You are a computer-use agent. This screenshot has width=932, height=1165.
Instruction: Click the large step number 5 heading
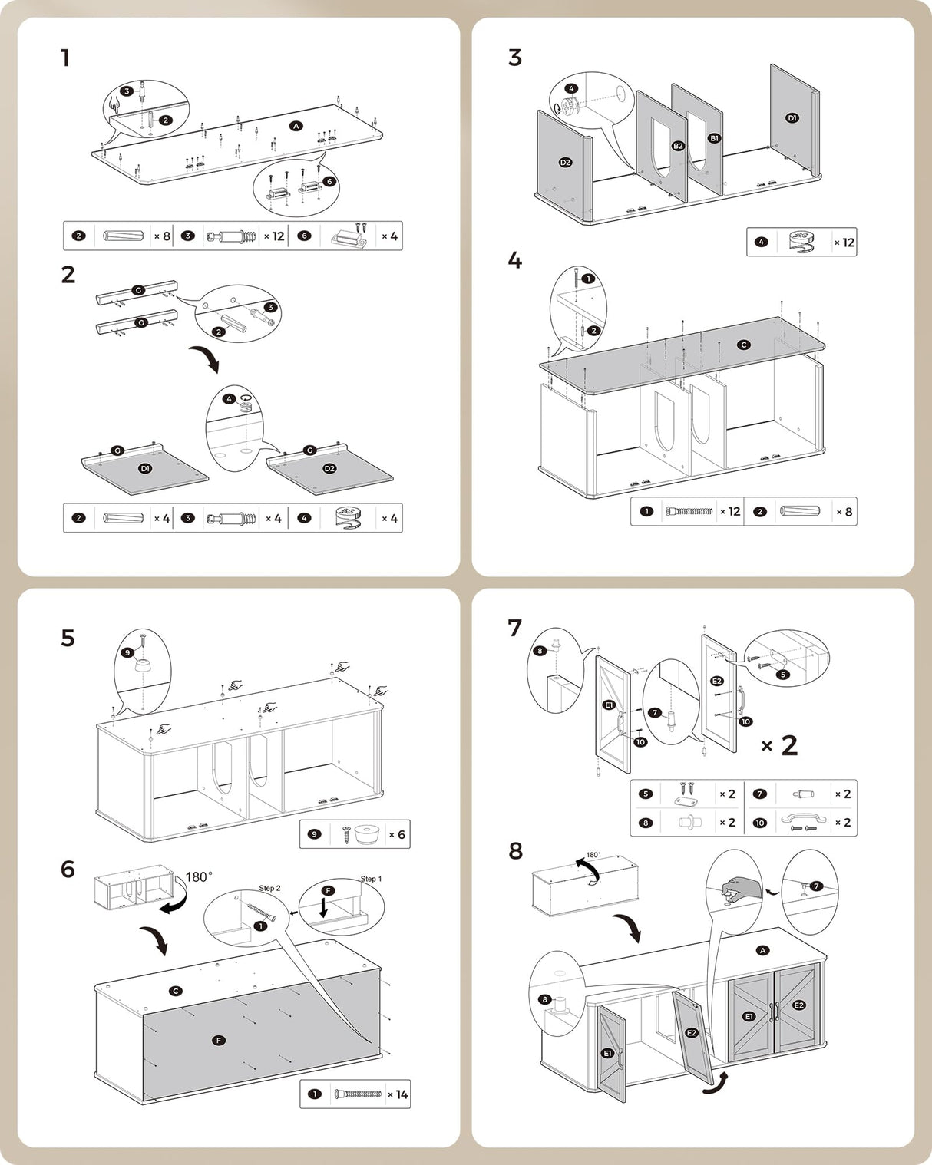click(68, 639)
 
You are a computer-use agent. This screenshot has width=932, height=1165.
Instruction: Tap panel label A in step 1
click(296, 126)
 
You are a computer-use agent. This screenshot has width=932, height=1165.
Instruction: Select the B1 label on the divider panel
click(714, 138)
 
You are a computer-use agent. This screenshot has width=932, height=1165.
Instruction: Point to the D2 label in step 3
click(565, 163)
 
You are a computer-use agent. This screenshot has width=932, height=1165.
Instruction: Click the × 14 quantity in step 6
click(398, 1094)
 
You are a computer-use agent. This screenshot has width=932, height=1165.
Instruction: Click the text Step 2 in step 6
click(269, 888)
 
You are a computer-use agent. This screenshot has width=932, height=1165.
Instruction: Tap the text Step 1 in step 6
click(371, 879)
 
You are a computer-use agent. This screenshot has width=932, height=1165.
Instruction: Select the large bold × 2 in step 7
click(779, 745)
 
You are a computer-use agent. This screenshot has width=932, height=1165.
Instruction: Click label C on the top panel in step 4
click(743, 345)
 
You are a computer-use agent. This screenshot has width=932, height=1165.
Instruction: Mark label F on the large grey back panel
click(219, 1041)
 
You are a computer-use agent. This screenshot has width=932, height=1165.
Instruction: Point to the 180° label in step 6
click(199, 876)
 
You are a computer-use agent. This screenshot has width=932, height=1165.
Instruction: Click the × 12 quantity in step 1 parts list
click(274, 236)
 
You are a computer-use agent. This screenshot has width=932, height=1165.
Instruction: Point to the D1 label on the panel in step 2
click(145, 468)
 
